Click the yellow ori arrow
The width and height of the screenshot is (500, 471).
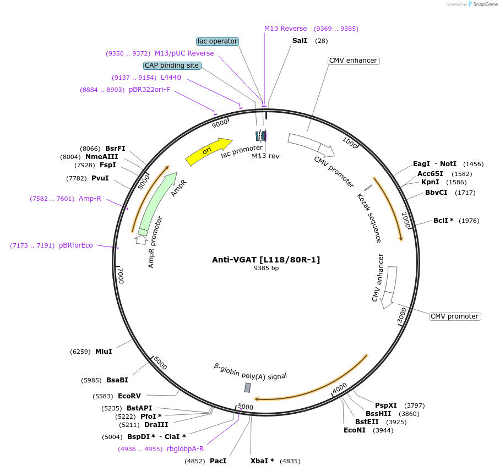208,151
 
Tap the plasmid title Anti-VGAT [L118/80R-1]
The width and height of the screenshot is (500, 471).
266,260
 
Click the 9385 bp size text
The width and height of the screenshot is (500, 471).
266,269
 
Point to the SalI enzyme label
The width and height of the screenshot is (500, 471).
300,41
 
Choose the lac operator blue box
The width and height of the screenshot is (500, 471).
218,41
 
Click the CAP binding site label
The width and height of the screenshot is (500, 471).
172,65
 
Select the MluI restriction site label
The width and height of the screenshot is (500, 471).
104,352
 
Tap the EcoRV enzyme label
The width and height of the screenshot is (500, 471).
129,396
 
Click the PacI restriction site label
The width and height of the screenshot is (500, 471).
218,461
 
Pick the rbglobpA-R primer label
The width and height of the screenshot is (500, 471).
185,449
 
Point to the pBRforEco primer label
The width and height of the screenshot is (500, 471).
76,245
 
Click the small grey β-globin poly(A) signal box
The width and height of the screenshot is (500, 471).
248,387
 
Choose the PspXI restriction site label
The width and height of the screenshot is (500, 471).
386,406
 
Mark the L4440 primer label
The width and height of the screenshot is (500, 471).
171,78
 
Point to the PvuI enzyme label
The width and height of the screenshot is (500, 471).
100,178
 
